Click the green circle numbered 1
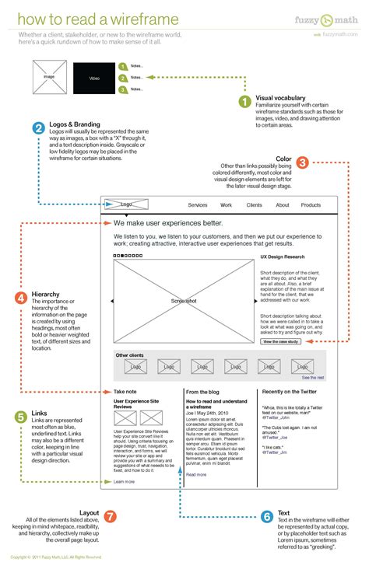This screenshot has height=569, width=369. [244, 101]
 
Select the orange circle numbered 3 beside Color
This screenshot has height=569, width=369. [303, 162]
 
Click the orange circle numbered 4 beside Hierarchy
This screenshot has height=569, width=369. [22, 297]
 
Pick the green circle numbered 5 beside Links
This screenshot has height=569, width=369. [21, 417]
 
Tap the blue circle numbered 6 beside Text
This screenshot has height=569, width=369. [266, 516]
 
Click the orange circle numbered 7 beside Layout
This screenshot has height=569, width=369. [110, 516]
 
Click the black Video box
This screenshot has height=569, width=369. [93, 79]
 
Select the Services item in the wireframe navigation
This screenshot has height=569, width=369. [198, 205]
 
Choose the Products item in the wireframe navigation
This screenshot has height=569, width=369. [311, 205]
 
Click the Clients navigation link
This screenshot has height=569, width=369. [254, 205]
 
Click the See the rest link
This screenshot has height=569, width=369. [313, 377]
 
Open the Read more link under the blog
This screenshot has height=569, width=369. [196, 474]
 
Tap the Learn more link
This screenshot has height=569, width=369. [124, 482]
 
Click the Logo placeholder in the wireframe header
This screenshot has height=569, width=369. [127, 205]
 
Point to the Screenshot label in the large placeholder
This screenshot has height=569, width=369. [184, 300]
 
